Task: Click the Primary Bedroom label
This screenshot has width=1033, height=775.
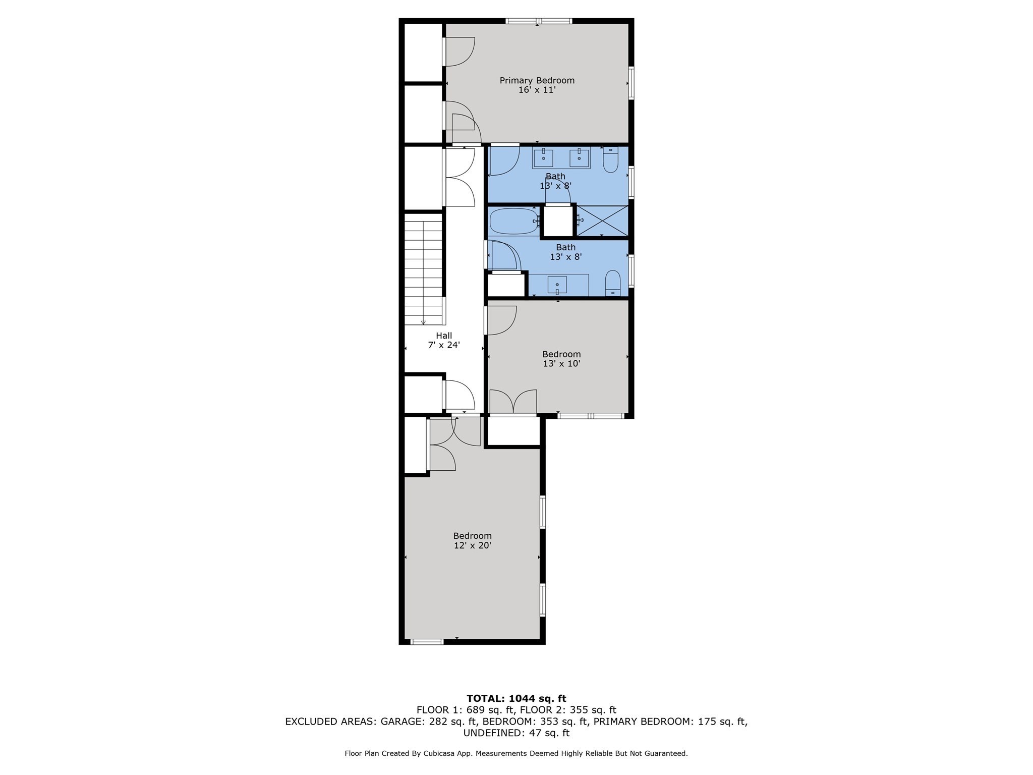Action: pos(537,80)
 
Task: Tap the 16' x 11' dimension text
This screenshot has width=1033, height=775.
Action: pos(537,90)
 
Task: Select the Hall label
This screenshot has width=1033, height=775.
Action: pos(444,336)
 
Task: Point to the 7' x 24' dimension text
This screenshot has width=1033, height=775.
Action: pos(444,346)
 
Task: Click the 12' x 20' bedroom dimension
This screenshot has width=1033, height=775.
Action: pos(472,545)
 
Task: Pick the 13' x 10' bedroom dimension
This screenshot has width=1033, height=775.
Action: pos(561,364)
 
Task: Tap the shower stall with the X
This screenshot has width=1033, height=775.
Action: pos(603,220)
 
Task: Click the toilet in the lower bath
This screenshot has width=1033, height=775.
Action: pos(612,283)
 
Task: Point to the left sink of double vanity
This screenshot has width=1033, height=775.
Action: pos(543,158)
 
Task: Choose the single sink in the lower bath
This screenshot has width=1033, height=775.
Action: pos(557,285)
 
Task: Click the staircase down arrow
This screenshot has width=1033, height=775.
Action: pos(423,321)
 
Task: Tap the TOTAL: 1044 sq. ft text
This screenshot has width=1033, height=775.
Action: pos(516,699)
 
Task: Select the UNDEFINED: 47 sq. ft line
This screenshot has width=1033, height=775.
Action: pos(516,733)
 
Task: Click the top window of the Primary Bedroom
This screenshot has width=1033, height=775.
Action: pos(539,21)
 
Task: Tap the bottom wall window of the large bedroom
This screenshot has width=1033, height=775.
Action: pos(427,642)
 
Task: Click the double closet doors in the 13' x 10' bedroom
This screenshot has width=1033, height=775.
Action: pos(513,402)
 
